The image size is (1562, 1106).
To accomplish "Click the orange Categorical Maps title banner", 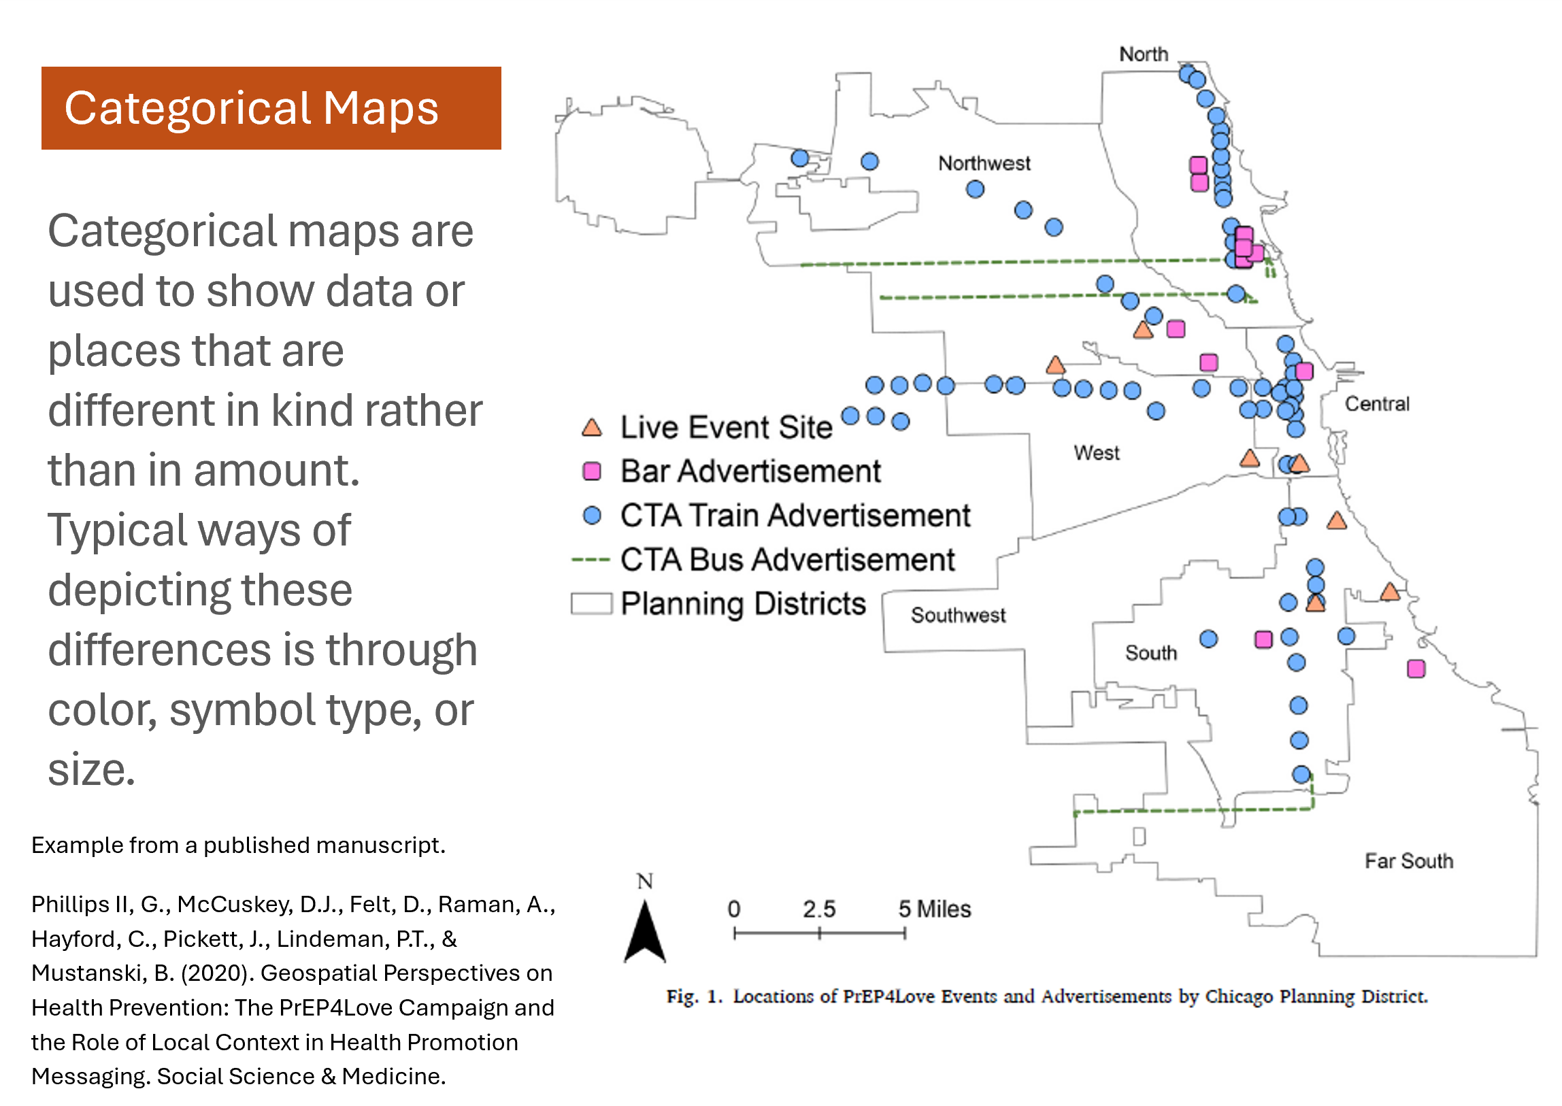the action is [271, 107].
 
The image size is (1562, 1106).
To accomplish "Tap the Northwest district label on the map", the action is [984, 163].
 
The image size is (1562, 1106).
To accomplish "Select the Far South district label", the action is [1409, 861].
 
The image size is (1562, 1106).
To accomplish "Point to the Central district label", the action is [1377, 404].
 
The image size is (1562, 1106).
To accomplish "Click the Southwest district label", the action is [958, 615].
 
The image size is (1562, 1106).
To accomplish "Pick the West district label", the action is [1096, 453].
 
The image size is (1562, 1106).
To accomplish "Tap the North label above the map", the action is [1143, 54].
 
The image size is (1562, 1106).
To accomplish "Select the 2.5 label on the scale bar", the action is [819, 909].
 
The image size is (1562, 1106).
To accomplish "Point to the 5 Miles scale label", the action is [935, 909].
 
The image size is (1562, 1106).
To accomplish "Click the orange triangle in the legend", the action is [592, 428].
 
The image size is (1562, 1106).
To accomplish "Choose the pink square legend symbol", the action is [592, 471].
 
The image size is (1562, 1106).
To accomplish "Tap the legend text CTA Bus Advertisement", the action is [788, 560].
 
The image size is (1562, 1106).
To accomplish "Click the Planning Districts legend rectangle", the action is [591, 604].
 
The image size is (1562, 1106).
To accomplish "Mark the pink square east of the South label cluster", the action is [1263, 639].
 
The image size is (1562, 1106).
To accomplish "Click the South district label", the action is [1150, 652].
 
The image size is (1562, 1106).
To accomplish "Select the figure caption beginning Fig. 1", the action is [1047, 996].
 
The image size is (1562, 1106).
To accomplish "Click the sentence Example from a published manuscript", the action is [238, 845].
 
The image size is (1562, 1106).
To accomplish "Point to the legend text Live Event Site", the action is [726, 428].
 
